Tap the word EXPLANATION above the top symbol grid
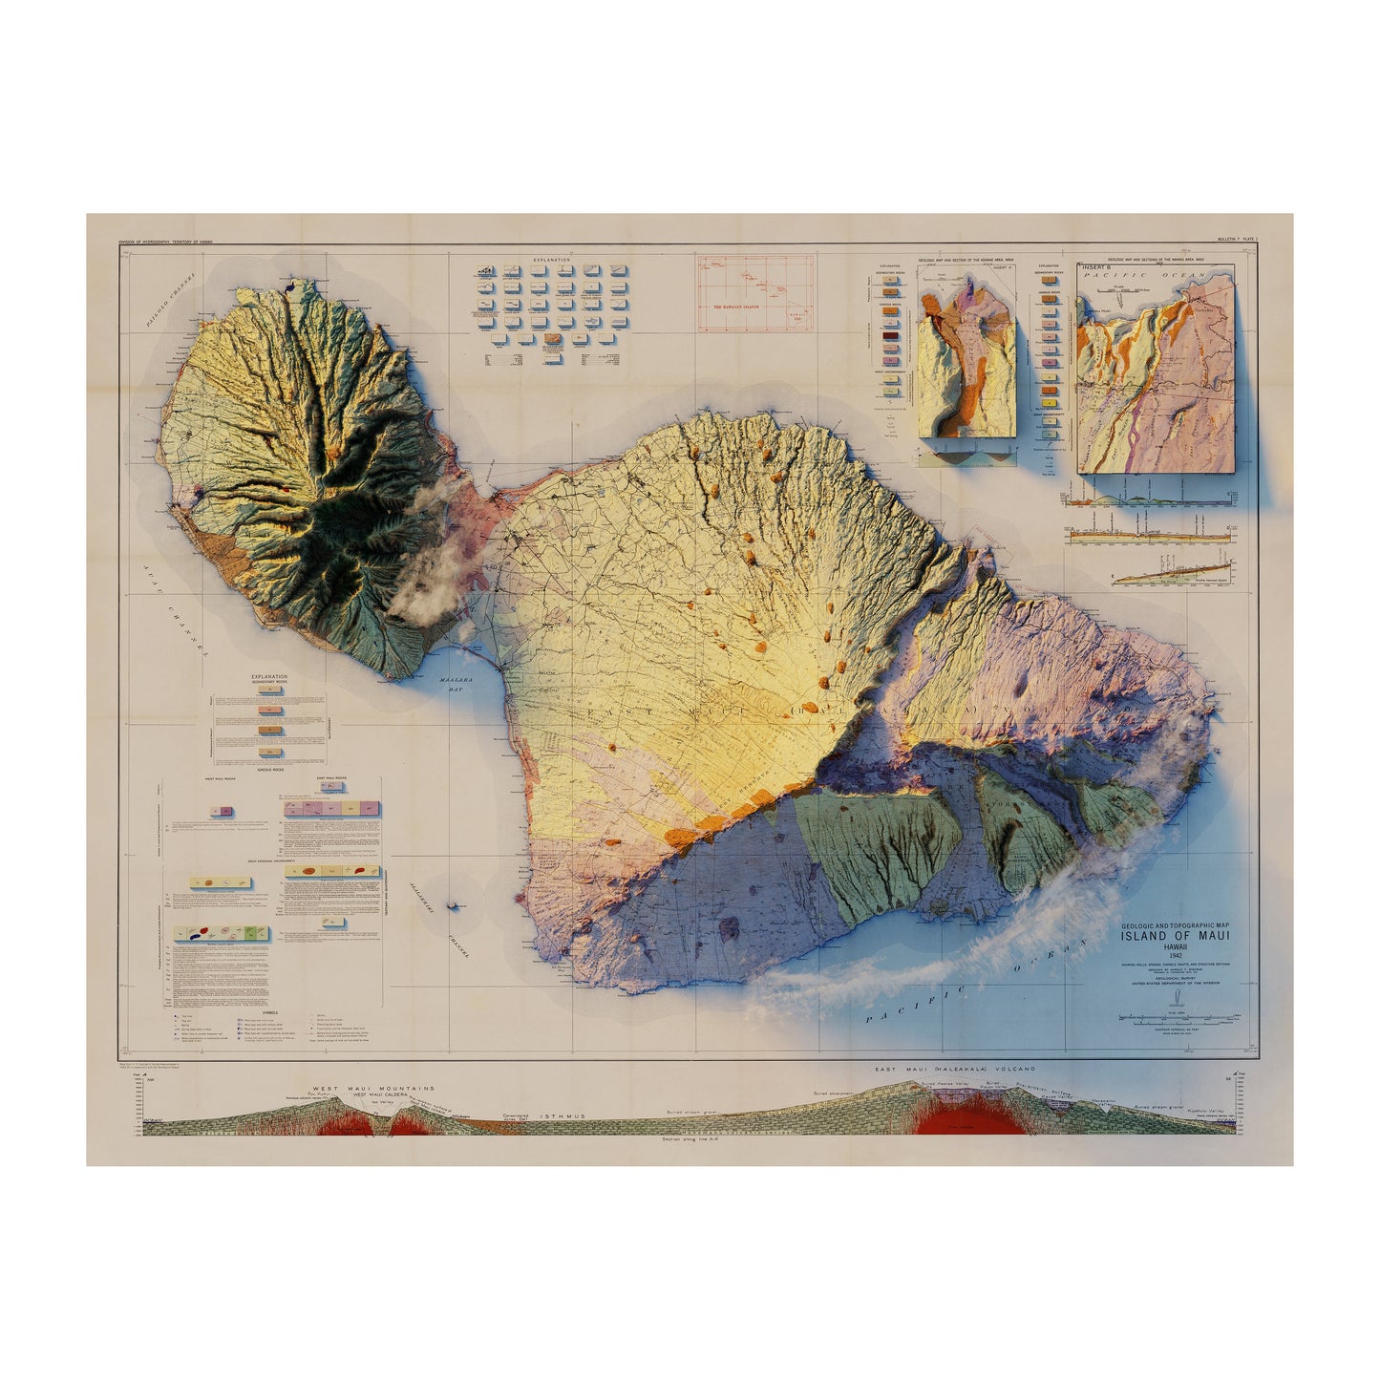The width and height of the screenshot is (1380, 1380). click(x=552, y=260)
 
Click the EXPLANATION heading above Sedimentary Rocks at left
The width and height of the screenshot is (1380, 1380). click(x=268, y=677)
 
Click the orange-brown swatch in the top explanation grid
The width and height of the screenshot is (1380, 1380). click(x=553, y=339)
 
